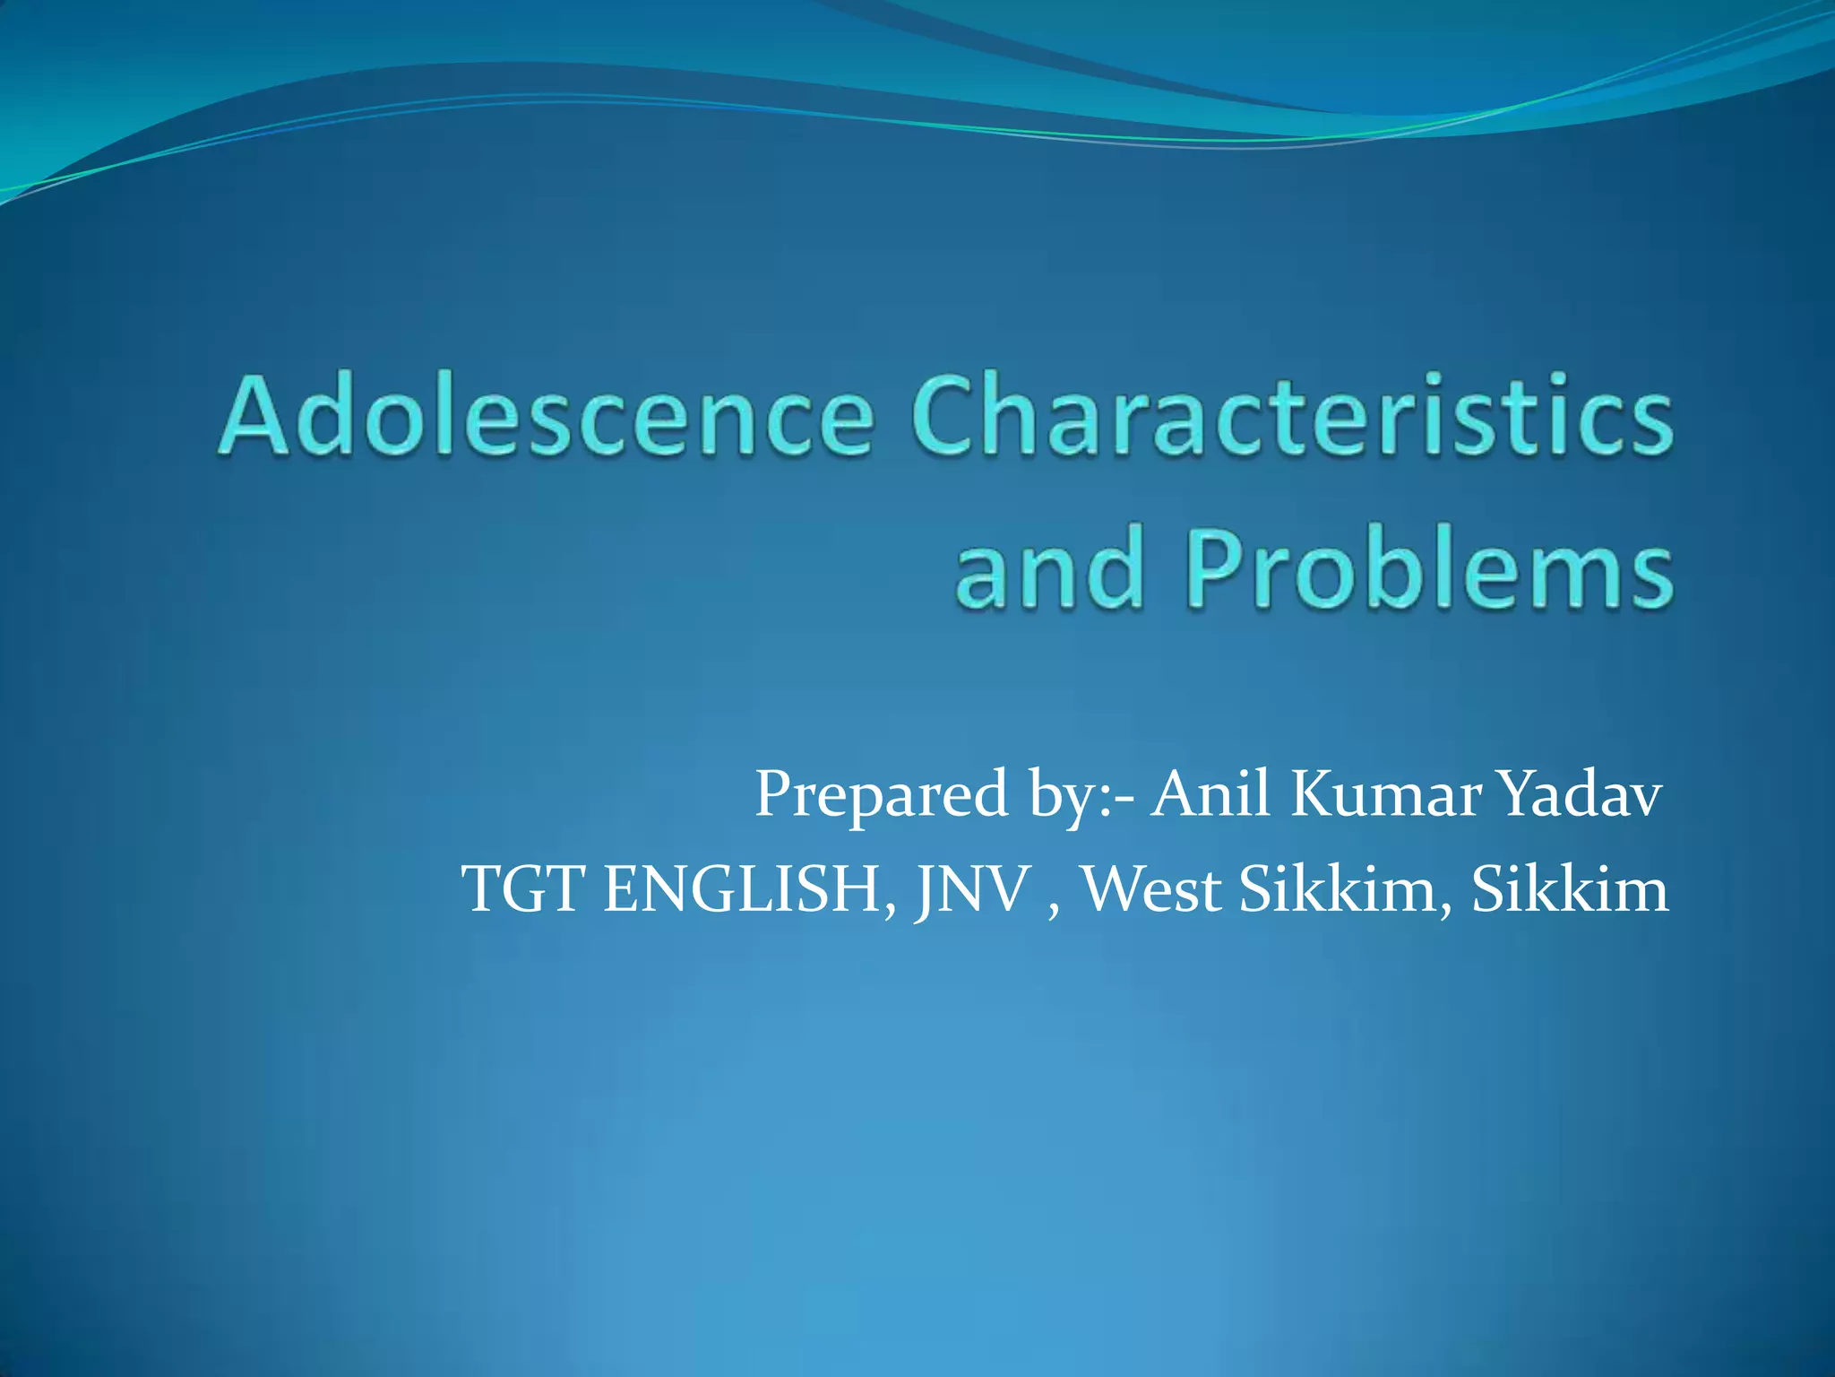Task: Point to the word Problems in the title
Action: coord(1430,568)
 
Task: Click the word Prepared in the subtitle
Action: coord(882,795)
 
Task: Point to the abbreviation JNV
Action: coord(971,889)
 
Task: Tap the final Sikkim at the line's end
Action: coord(1570,889)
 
